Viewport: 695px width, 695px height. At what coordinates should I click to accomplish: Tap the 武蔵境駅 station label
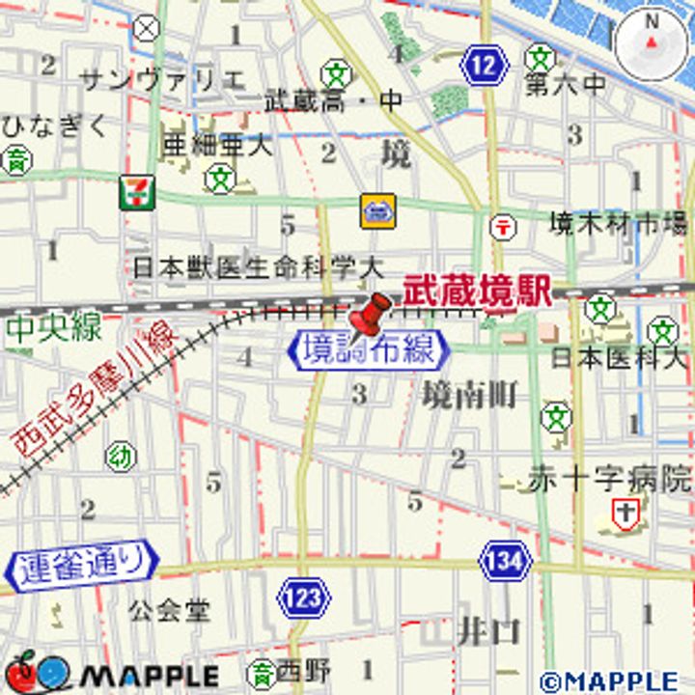[x=477, y=290]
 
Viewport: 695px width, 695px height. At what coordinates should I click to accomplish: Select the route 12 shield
[x=484, y=67]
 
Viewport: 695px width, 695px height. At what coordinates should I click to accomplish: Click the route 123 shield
[x=303, y=598]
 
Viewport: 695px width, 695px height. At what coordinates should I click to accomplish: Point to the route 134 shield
[x=505, y=560]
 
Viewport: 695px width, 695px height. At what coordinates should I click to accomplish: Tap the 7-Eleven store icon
[x=134, y=193]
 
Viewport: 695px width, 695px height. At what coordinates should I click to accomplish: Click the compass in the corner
[x=652, y=43]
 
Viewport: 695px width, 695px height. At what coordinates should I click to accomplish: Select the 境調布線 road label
[x=370, y=349]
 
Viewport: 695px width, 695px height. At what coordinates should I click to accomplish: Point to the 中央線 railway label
[x=53, y=328]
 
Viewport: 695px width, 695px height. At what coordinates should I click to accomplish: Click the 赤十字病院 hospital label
[x=609, y=478]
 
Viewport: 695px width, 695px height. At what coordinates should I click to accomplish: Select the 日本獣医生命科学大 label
[x=258, y=266]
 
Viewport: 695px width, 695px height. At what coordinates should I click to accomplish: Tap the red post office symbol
[x=502, y=227]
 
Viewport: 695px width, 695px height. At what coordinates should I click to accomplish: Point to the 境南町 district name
[x=469, y=394]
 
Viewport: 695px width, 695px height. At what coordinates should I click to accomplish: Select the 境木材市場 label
[x=618, y=224]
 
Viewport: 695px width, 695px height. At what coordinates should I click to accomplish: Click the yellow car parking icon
[x=377, y=211]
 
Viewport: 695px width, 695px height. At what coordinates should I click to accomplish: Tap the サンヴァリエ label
[x=161, y=79]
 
